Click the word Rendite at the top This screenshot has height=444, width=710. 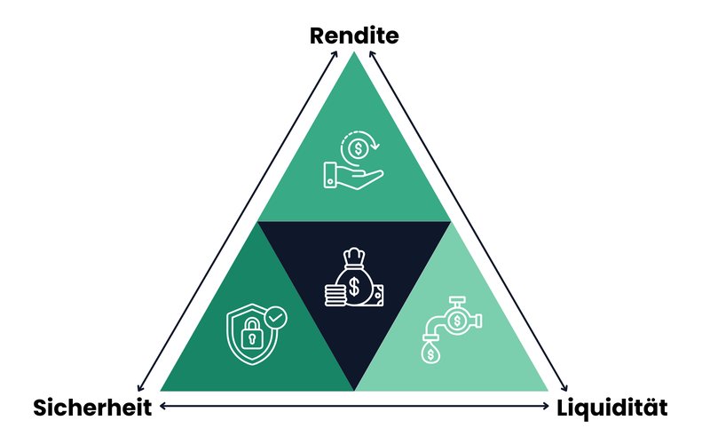[x=354, y=36]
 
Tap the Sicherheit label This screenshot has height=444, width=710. [x=92, y=408]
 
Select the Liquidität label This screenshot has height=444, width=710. [x=611, y=408]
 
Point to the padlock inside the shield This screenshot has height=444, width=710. [x=252, y=334]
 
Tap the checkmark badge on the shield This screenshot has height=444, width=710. [x=275, y=318]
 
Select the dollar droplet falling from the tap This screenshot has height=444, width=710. [x=430, y=353]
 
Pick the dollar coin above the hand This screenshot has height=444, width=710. [x=359, y=148]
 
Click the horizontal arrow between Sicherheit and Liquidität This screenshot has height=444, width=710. [x=354, y=406]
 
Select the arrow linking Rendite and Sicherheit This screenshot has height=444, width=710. [x=237, y=220]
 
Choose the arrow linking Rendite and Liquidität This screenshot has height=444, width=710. [x=469, y=220]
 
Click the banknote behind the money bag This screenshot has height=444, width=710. [x=378, y=296]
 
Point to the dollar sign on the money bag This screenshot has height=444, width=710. [x=354, y=287]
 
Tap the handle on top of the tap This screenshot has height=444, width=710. [x=457, y=300]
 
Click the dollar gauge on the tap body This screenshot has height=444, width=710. [x=457, y=321]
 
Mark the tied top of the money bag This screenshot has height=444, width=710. [x=354, y=258]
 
